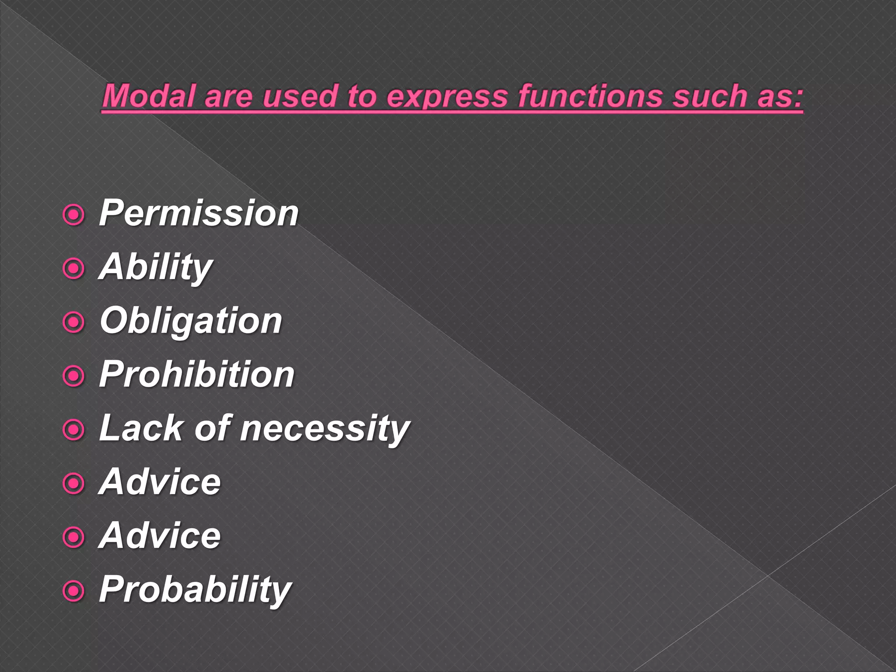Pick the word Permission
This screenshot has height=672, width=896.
[x=199, y=213]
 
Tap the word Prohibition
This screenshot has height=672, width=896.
[x=197, y=374]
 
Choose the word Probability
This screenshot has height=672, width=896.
[x=195, y=589]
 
